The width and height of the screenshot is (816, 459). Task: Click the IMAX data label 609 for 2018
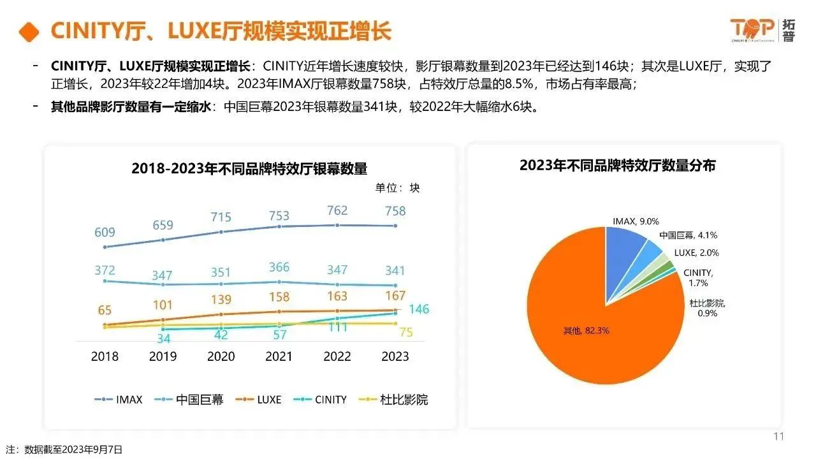click(x=105, y=233)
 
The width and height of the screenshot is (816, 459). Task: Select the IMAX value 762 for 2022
click(x=337, y=211)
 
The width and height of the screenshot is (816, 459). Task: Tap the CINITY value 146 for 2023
click(x=419, y=310)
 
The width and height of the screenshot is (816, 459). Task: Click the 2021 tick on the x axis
click(x=279, y=356)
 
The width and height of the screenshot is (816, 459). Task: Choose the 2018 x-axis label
click(x=105, y=356)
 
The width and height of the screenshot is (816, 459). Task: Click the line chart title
click(x=249, y=169)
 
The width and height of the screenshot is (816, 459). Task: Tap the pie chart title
click(x=617, y=166)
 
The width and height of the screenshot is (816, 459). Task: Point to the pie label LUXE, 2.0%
click(x=696, y=252)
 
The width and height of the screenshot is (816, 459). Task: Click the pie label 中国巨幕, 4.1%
click(x=688, y=235)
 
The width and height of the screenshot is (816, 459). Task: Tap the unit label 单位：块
click(x=397, y=187)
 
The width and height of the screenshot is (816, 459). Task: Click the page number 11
click(x=778, y=437)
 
